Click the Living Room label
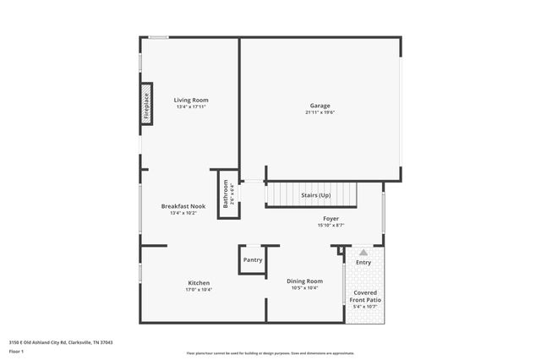pyautogui.click(x=191, y=100)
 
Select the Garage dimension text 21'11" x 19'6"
pyautogui.click(x=321, y=112)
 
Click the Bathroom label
pyautogui.click(x=226, y=194)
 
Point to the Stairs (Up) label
pyautogui.click(x=316, y=195)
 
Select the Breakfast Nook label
pyautogui.click(x=183, y=206)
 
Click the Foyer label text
pyautogui.click(x=331, y=218)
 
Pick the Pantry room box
pyautogui.click(x=253, y=260)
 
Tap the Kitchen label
pyautogui.click(x=199, y=282)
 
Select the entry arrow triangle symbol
pyautogui.click(x=363, y=252)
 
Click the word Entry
pyautogui.click(x=363, y=263)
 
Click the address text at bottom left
pyautogui.click(x=61, y=342)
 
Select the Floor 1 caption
pyautogui.click(x=16, y=351)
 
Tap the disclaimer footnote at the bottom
pyautogui.click(x=270, y=352)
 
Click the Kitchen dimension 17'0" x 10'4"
pyautogui.click(x=199, y=290)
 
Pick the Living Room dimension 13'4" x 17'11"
pyautogui.click(x=191, y=107)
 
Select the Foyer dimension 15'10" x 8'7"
pyautogui.click(x=331, y=226)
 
